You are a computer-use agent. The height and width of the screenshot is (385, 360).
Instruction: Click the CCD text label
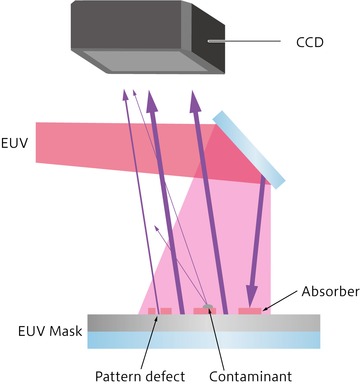[310, 42]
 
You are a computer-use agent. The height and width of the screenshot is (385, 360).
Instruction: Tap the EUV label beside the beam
[15, 144]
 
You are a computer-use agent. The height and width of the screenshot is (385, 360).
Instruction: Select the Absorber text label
[330, 291]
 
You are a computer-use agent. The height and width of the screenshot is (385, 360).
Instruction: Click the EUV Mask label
[50, 331]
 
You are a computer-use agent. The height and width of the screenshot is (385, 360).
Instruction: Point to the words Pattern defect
[140, 376]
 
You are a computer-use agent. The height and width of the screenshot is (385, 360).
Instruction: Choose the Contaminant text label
[251, 376]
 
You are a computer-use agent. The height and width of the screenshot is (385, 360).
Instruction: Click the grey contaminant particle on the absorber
[208, 307]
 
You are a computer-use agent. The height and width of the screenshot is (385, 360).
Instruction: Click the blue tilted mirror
[249, 150]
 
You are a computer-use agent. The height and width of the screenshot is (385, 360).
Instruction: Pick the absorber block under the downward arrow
[250, 311]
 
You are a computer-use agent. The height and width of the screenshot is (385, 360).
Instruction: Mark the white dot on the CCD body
[209, 41]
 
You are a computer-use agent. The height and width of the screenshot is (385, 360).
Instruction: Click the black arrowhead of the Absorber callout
[264, 309]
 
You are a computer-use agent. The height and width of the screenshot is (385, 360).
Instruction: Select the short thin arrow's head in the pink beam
[156, 227]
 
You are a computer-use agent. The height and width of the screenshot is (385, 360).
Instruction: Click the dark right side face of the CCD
[208, 39]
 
